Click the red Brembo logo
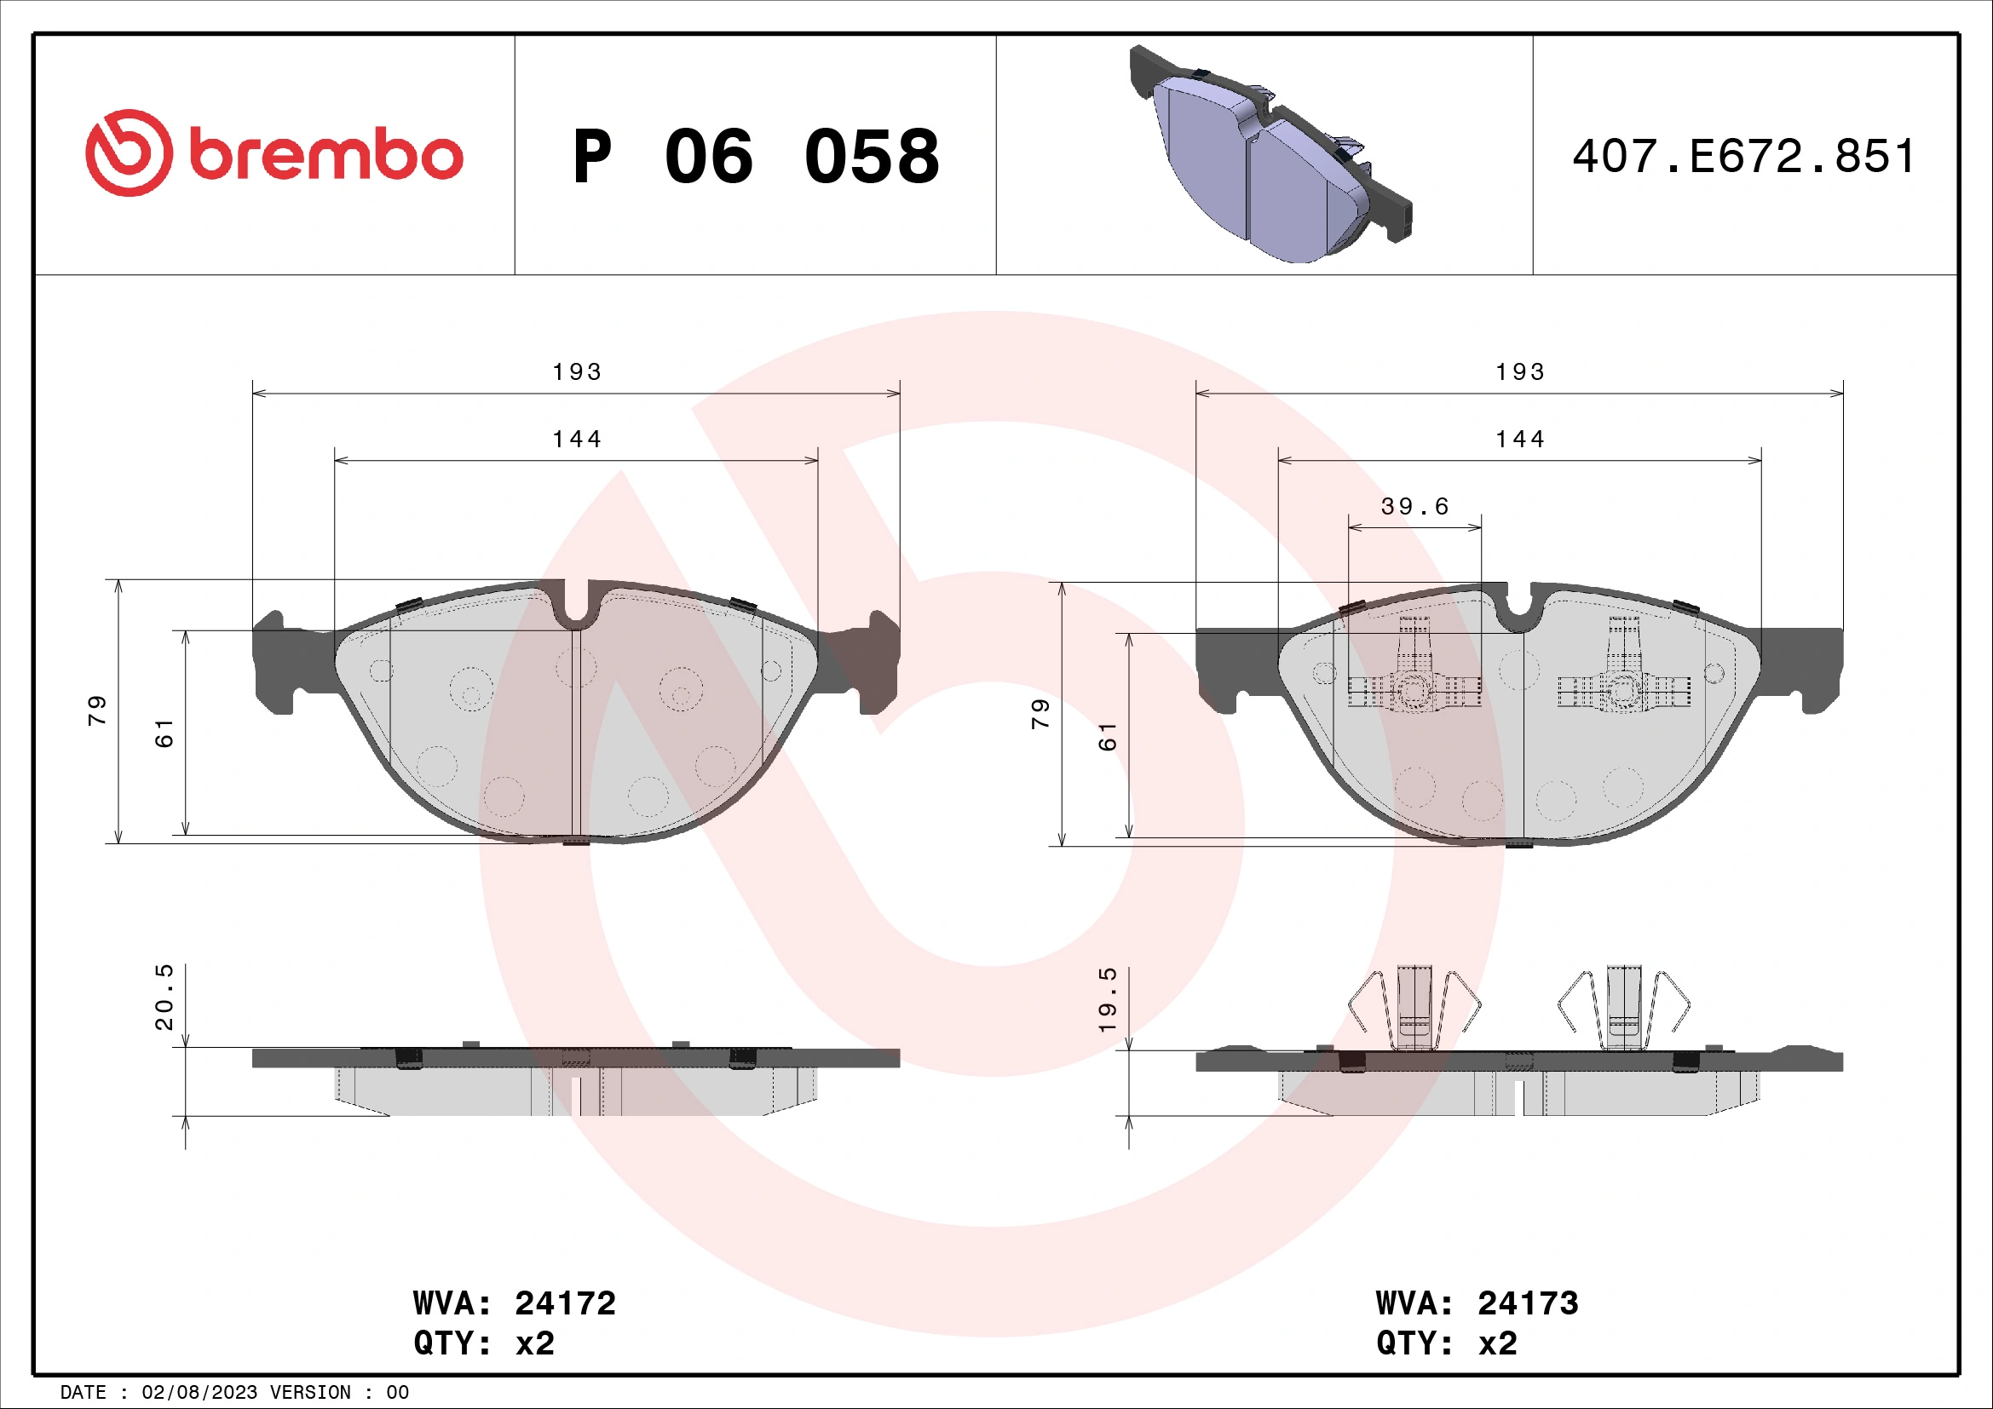(x=274, y=153)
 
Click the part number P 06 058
(x=755, y=157)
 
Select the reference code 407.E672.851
(x=1744, y=157)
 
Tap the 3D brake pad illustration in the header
(x=1269, y=156)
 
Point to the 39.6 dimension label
(x=1415, y=507)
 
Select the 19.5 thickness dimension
(x=1108, y=999)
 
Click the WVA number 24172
(x=565, y=1303)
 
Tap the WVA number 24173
(x=1528, y=1303)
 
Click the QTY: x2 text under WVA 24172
(x=483, y=1343)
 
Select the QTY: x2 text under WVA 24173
(x=1446, y=1343)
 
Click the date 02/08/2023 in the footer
(x=199, y=1393)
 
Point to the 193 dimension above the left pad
(x=576, y=372)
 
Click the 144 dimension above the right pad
(x=1520, y=440)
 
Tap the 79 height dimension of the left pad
(x=97, y=710)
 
